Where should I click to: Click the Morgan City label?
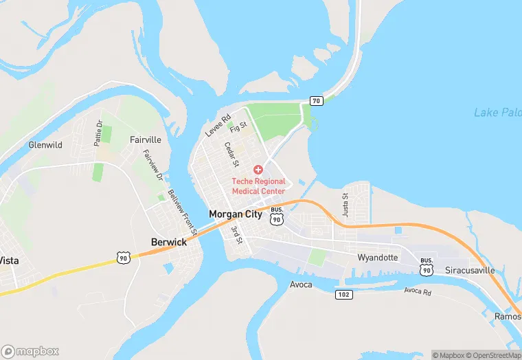click(x=235, y=214)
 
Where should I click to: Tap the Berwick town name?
click(x=169, y=242)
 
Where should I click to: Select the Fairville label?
click(x=146, y=139)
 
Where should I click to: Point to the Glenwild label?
click(x=45, y=145)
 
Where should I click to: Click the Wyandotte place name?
click(x=378, y=258)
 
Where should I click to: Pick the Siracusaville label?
click(x=470, y=270)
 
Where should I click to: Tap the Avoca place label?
click(x=301, y=284)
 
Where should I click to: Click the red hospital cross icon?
click(x=258, y=169)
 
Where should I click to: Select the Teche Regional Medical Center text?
click(x=258, y=186)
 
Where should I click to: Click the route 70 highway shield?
click(x=316, y=101)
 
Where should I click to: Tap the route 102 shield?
click(x=345, y=294)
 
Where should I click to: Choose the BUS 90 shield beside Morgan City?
click(x=277, y=216)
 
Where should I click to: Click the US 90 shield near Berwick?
click(x=123, y=258)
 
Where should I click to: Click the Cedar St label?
click(x=231, y=155)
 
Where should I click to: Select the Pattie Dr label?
click(x=99, y=133)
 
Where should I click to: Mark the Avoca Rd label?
click(x=417, y=291)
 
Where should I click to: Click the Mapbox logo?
click(x=31, y=351)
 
